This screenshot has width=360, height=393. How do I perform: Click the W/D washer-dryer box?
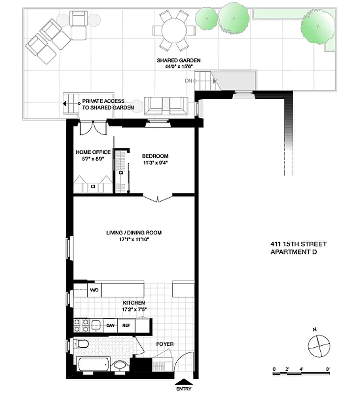(x=94, y=290)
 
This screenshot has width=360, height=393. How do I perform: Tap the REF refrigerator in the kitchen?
(x=126, y=325)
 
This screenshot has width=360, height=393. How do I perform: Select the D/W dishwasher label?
(x=111, y=325)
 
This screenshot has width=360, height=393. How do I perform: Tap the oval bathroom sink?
(x=120, y=365)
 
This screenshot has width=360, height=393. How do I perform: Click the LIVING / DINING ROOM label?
(x=134, y=233)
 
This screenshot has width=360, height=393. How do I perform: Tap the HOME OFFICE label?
(x=93, y=152)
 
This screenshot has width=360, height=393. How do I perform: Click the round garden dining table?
(x=175, y=30)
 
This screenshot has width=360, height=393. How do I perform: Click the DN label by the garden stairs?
(x=188, y=80)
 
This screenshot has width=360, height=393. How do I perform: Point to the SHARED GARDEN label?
(x=178, y=60)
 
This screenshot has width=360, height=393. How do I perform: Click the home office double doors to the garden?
(x=93, y=128)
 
